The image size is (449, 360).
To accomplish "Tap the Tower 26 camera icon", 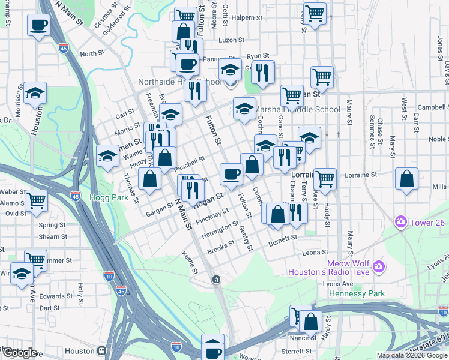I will coord(400,223).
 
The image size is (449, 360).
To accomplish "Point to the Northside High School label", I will coord(171,82).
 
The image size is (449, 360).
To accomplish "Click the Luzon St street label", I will coord(232,40).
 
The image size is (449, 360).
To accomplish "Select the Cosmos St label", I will coord(106,17).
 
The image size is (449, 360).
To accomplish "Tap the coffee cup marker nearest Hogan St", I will coord(232,175).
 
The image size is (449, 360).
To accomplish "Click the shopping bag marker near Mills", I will coord(406,179).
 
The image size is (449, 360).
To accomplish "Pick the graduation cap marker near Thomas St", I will coord(107,157).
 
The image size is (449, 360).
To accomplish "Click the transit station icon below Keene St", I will coord(217,280).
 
